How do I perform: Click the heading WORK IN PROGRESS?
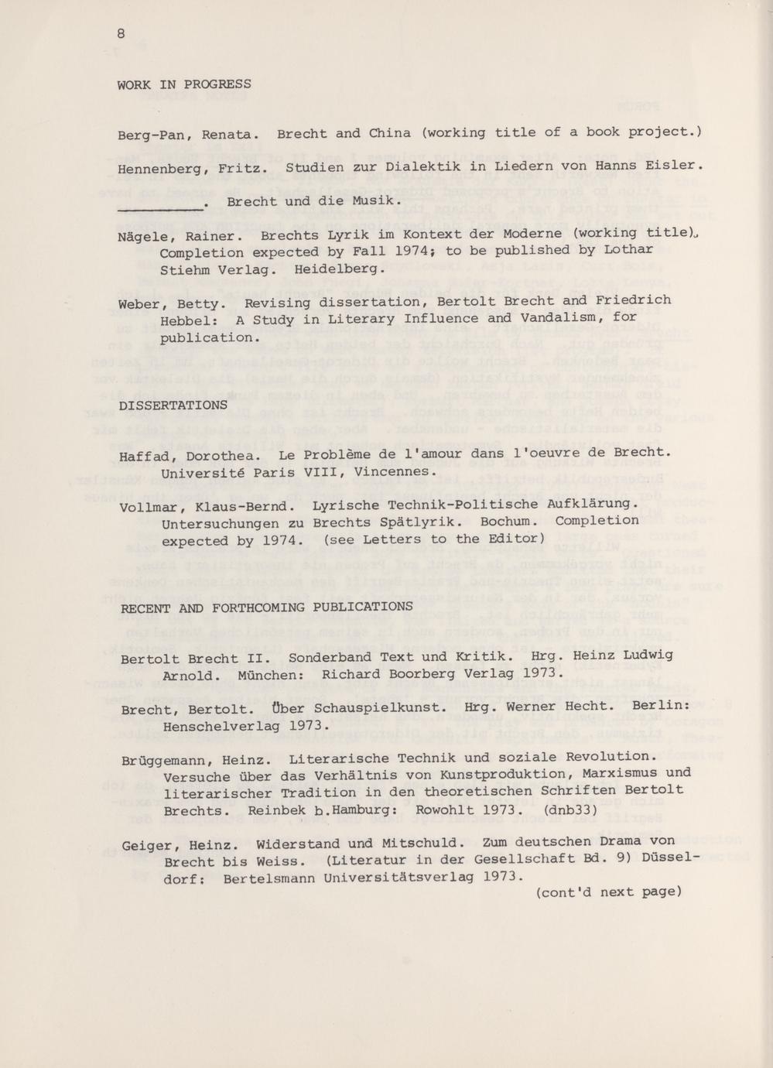tap(184, 84)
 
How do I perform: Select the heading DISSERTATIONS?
tap(174, 405)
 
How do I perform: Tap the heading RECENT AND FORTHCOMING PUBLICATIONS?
tap(267, 608)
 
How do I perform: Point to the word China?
tap(390, 132)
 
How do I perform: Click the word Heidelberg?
tap(340, 269)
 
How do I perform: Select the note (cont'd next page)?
tap(608, 892)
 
